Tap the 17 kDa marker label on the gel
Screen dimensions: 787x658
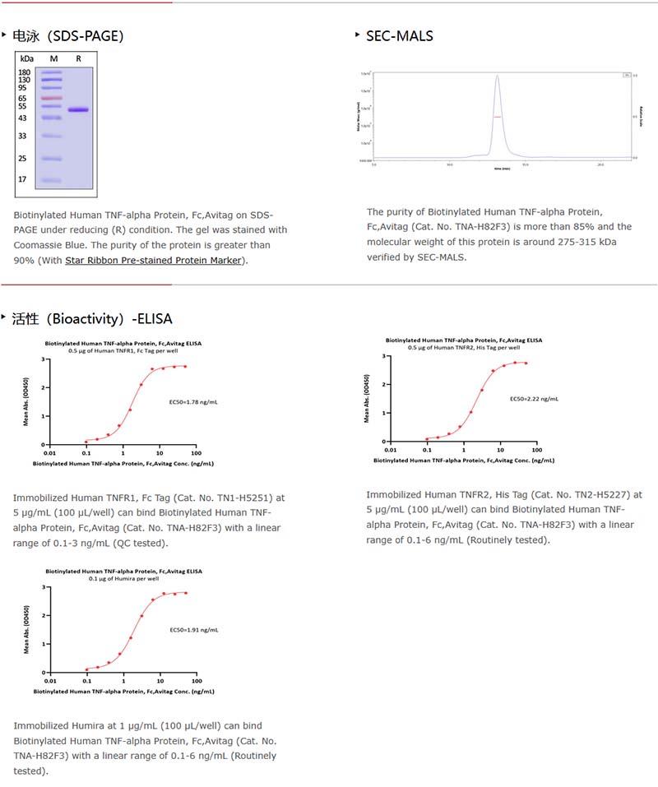pyautogui.click(x=23, y=179)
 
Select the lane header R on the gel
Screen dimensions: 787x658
pyautogui.click(x=78, y=58)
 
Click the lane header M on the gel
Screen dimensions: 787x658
pyautogui.click(x=53, y=58)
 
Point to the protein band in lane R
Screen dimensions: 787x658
pyautogui.click(x=78, y=109)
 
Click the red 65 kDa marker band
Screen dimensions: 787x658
pyautogui.click(x=51, y=99)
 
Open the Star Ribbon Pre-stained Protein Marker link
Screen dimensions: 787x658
pyautogui.click(x=154, y=261)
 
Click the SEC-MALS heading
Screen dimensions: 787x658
pyautogui.click(x=399, y=35)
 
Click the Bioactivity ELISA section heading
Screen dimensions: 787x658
pyautogui.click(x=92, y=318)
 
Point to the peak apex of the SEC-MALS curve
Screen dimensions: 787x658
pyautogui.click(x=497, y=76)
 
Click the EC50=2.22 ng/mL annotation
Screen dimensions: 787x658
pyautogui.click(x=534, y=399)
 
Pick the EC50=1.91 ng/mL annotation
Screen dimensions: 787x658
pyautogui.click(x=194, y=630)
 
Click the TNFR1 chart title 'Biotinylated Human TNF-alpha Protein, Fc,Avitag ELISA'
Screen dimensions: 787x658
pyautogui.click(x=123, y=343)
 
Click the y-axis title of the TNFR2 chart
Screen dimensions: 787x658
pyautogui.click(x=367, y=399)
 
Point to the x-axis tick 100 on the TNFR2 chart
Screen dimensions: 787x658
pyautogui.click(x=536, y=450)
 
